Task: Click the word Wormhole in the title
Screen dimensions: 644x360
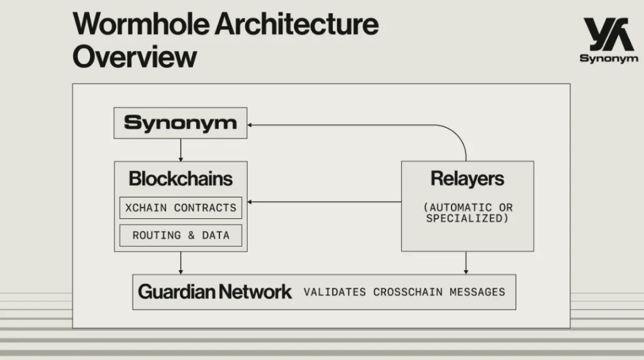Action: [142, 25]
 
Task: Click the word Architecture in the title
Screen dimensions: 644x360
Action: [297, 25]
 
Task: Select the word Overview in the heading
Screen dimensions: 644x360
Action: [135, 57]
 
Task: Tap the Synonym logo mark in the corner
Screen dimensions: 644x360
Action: [608, 34]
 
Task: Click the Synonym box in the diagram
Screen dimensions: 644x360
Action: [180, 123]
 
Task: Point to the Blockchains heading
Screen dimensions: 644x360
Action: [180, 179]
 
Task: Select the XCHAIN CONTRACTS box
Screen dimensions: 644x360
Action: [180, 208]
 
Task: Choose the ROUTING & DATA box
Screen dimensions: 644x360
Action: [180, 235]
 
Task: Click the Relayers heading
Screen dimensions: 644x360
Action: [467, 178]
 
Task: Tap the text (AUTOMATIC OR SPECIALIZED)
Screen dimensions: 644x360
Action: [468, 213]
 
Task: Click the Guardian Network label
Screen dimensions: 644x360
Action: [215, 292]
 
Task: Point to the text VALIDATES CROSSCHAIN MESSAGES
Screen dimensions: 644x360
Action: [404, 292]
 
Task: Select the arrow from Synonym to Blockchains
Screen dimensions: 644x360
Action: [180, 150]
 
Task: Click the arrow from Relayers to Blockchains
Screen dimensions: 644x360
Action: [325, 202]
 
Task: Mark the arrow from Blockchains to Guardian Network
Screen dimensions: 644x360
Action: [180, 263]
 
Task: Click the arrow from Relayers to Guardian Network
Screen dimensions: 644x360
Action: [466, 263]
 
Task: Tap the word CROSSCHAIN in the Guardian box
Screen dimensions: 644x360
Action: [408, 292]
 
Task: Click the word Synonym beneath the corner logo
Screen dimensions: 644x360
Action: [609, 59]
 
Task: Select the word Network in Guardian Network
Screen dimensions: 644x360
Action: [255, 292]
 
